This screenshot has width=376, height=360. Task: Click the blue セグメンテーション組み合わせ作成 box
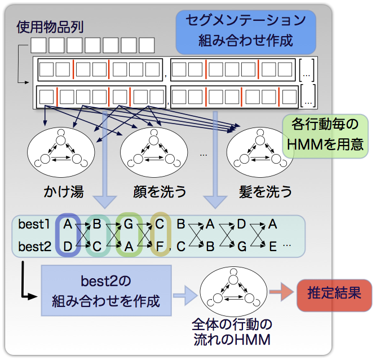point(246,31)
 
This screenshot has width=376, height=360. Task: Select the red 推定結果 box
point(335,294)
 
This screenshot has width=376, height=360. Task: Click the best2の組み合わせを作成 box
point(105,291)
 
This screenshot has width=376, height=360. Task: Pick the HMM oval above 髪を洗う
point(260,150)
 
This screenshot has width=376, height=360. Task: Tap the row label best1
point(34,225)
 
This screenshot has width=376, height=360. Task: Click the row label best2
point(34,247)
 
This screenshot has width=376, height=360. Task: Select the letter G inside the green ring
point(128,225)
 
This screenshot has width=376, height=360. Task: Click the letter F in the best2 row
point(161,247)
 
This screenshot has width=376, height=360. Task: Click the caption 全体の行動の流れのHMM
point(232,332)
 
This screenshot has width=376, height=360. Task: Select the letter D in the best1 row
point(241,225)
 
